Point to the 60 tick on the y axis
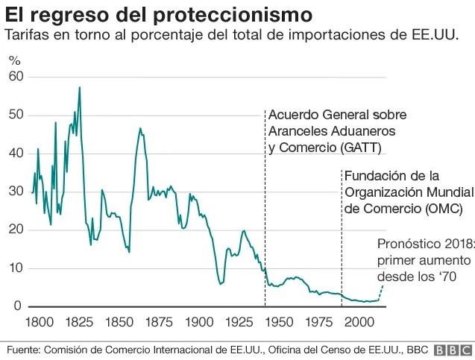coord(16,77)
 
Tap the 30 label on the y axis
coord(16,192)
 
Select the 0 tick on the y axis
coord(19,306)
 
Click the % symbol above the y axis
coord(14,60)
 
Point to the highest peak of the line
coord(80,88)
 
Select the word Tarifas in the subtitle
coord(27,36)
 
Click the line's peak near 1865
coord(139,128)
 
